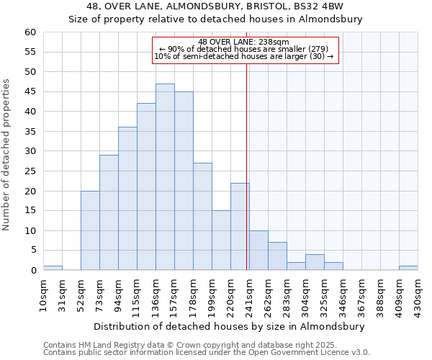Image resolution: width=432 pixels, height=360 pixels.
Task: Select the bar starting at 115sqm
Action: coord(146,186)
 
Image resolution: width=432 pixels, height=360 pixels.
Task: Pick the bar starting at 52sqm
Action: coord(90,230)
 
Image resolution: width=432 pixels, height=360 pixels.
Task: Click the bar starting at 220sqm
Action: coord(240,227)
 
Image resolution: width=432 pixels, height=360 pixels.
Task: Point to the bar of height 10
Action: coord(258,251)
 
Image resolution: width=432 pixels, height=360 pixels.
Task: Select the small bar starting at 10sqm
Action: coord(53,268)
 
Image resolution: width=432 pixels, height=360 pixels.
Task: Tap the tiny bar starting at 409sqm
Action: coord(408,268)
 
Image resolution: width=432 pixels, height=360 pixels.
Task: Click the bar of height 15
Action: coord(221,240)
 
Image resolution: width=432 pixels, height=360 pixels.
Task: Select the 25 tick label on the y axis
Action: coord(30,171)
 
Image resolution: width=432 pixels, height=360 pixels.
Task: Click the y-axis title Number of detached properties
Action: coord(7,155)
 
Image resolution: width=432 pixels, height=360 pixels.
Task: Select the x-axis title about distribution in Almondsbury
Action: coord(230,326)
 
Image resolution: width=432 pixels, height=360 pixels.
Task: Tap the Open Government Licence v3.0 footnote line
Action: coord(207,353)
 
